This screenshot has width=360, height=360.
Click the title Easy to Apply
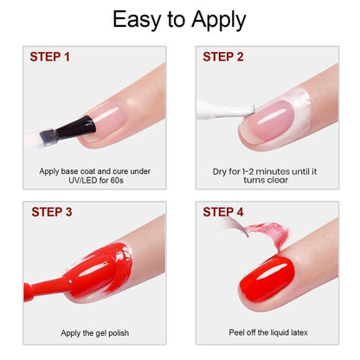(x=180, y=19)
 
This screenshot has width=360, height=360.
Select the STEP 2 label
(x=224, y=57)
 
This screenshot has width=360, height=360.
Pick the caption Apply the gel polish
(x=94, y=332)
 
